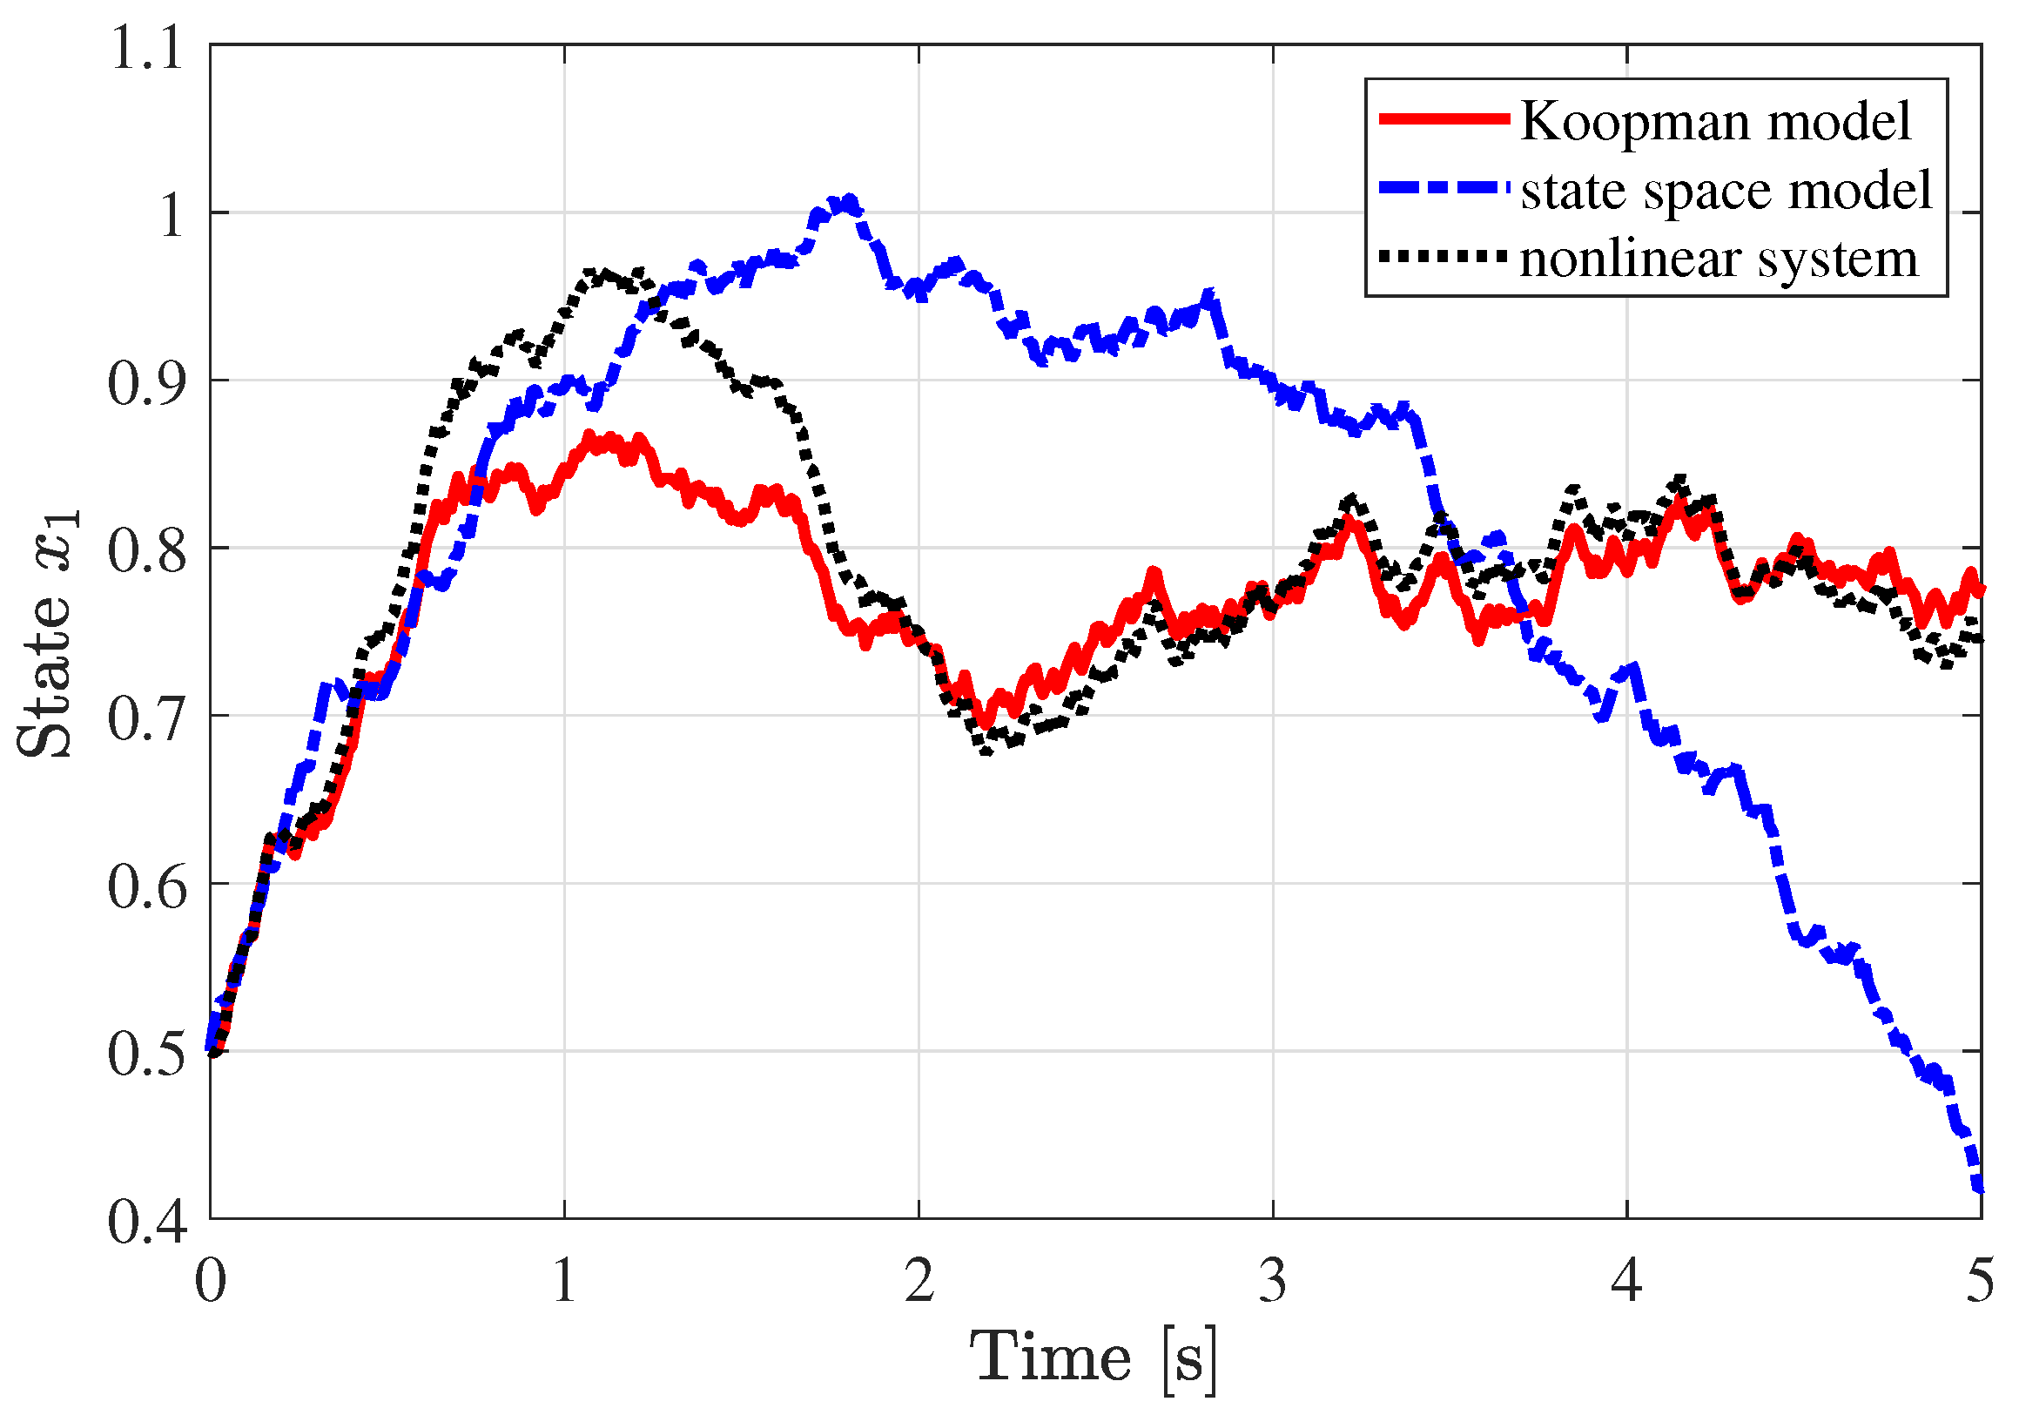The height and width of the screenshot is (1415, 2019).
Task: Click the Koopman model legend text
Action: click(x=1715, y=120)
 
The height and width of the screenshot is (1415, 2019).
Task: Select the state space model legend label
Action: click(x=1726, y=190)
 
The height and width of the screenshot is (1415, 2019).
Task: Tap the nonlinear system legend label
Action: click(x=1719, y=259)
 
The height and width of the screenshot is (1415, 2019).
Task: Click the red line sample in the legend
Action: click(x=1443, y=118)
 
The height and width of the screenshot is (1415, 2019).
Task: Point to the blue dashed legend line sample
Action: click(x=1443, y=188)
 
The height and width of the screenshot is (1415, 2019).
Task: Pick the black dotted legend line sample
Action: click(x=1443, y=257)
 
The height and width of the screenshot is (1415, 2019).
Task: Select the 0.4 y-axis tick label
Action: click(x=147, y=1221)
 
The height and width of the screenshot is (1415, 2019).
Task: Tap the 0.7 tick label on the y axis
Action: click(x=147, y=718)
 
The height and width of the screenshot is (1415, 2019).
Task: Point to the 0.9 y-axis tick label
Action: click(x=147, y=382)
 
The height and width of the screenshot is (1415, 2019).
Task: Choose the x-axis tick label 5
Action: click(x=1980, y=1281)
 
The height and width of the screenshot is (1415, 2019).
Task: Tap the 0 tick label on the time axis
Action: click(x=210, y=1281)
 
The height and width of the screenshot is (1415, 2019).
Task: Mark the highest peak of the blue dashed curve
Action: click(x=848, y=201)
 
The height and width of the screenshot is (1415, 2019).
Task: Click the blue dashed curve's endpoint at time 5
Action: click(x=1979, y=1189)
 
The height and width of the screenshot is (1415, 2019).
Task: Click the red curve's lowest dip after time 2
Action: click(x=986, y=724)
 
